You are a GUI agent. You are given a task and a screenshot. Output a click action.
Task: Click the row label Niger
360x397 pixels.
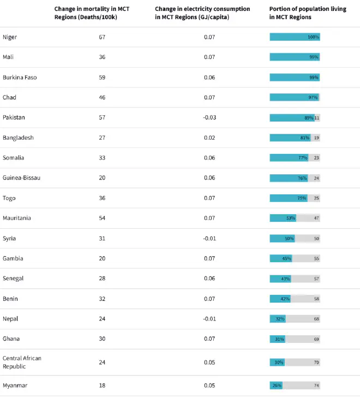point(10,37)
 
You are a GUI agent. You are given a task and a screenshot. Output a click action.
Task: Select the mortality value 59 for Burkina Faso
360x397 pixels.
point(102,78)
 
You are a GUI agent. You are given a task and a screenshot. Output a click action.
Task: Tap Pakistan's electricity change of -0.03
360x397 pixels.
point(209,117)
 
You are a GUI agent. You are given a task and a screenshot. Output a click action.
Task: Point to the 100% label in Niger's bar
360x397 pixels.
point(314,37)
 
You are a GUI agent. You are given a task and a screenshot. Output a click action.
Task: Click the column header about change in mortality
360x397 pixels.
point(92,13)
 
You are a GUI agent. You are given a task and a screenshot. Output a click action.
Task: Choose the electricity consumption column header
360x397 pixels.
point(202,13)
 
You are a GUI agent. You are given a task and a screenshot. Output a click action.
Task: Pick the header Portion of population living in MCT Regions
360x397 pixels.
point(308,13)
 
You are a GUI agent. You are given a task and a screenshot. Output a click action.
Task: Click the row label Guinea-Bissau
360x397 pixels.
point(21,177)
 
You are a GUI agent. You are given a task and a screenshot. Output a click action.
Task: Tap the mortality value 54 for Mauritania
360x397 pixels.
point(102,218)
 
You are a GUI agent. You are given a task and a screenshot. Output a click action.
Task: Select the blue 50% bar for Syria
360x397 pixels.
point(283,239)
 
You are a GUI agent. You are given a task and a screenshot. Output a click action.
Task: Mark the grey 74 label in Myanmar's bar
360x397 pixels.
point(316,386)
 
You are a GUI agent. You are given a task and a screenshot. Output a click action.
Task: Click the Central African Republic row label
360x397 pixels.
point(22,362)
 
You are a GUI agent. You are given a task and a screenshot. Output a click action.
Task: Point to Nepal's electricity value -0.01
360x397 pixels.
point(209,319)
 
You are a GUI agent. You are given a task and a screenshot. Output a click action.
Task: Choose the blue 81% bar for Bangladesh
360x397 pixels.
point(290,138)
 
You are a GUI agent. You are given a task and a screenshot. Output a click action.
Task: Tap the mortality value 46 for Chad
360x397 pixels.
point(102,98)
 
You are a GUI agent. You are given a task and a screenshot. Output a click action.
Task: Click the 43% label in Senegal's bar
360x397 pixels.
point(285,279)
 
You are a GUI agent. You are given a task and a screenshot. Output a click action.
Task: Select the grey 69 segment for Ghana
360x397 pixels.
point(303,339)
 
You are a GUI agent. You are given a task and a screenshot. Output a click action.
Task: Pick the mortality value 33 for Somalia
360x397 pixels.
point(102,158)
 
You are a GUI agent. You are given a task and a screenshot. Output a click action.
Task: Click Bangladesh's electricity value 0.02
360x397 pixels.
point(209,138)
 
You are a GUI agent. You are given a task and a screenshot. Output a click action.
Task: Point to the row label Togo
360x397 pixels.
point(9,198)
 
